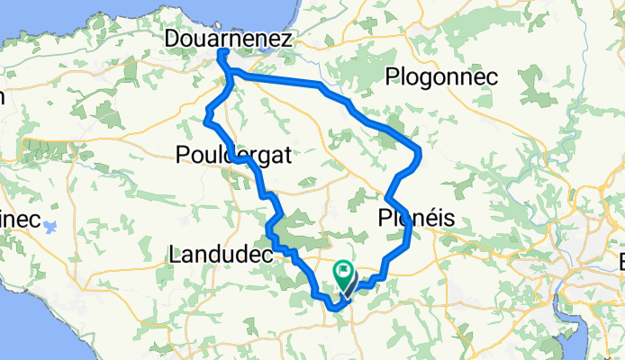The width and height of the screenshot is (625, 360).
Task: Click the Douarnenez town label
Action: click(x=230, y=39)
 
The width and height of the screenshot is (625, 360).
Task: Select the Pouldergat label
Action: click(x=234, y=155)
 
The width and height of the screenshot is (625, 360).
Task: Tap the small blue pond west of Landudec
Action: click(x=51, y=226)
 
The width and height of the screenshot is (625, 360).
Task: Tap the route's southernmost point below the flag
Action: click(x=335, y=309)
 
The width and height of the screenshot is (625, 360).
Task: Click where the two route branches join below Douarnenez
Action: click(x=231, y=78)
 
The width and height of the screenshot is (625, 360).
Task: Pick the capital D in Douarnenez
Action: click(x=175, y=39)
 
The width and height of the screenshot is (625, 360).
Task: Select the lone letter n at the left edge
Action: click(x=3, y=96)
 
